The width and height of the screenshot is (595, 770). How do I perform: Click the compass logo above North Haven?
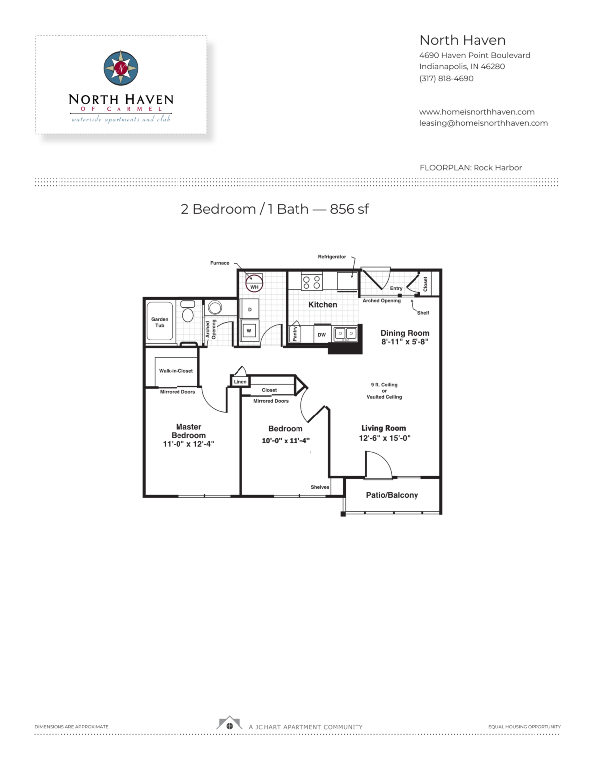[121, 68]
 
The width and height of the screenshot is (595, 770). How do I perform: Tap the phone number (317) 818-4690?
[446, 79]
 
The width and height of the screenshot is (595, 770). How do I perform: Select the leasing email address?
[484, 123]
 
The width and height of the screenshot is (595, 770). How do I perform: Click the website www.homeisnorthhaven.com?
[476, 112]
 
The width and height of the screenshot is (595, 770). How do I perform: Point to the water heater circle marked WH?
[254, 283]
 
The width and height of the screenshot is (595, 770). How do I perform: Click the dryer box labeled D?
[250, 309]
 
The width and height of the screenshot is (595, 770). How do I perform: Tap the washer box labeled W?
[249, 331]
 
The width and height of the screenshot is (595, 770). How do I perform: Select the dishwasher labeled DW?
[322, 334]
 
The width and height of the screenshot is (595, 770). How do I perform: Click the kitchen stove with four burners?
[312, 282]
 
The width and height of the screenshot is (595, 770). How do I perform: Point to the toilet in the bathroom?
[188, 311]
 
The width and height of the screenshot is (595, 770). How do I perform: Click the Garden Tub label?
[160, 322]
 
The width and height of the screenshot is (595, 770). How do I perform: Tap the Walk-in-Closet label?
[176, 371]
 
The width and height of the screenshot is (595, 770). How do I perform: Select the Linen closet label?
[240, 382]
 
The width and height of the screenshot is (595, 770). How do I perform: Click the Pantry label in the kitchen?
[295, 334]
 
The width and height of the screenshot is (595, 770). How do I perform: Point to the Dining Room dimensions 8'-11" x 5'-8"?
[405, 342]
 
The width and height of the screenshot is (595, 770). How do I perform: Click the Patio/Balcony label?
[392, 495]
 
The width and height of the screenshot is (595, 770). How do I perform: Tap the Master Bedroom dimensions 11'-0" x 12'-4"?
[188, 444]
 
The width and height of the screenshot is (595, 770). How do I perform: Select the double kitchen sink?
[345, 334]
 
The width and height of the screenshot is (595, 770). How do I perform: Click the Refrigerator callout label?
[332, 257]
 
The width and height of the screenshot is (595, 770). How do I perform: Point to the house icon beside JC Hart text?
[229, 723]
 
